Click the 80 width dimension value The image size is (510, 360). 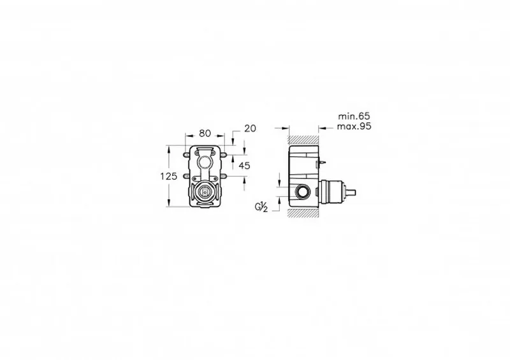click(205, 133)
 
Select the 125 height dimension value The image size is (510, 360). click(169, 176)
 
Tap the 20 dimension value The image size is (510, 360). click(250, 129)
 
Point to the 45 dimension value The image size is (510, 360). click(245, 166)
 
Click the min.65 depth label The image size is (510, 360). click(354, 116)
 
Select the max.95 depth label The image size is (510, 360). click(354, 126)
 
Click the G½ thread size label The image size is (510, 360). click(261, 207)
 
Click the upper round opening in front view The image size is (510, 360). click(205, 162)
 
